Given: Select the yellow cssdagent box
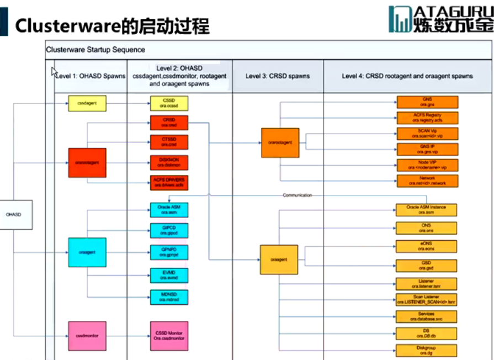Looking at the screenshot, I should pyautogui.click(x=87, y=103).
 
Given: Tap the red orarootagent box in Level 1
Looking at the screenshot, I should pyautogui.click(x=87, y=162).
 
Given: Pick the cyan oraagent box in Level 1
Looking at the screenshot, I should pyautogui.click(x=87, y=252).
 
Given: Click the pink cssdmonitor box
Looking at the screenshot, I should pyautogui.click(x=87, y=335).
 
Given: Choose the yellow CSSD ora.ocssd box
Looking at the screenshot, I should pyautogui.click(x=169, y=103).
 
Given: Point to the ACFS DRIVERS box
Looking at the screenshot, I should pyautogui.click(x=169, y=182).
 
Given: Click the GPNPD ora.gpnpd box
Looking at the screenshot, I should pyautogui.click(x=169, y=253).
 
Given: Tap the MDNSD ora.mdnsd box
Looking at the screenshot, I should pyautogui.click(x=169, y=297).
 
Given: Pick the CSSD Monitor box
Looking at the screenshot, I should pyautogui.click(x=169, y=335).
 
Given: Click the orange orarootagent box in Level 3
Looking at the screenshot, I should pyautogui.click(x=280, y=142).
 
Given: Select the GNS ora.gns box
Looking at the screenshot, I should pyautogui.click(x=427, y=102).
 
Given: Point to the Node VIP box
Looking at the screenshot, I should pyautogui.click(x=427, y=165).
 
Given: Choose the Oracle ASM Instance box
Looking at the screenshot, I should pyautogui.click(x=427, y=210).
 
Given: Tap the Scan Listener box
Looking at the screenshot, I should pyautogui.click(x=427, y=299).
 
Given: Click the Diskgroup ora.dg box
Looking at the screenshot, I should pyautogui.click(x=427, y=351).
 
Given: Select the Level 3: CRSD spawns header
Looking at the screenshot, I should pyautogui.click(x=278, y=76).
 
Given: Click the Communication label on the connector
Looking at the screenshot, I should pyautogui.click(x=297, y=195).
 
